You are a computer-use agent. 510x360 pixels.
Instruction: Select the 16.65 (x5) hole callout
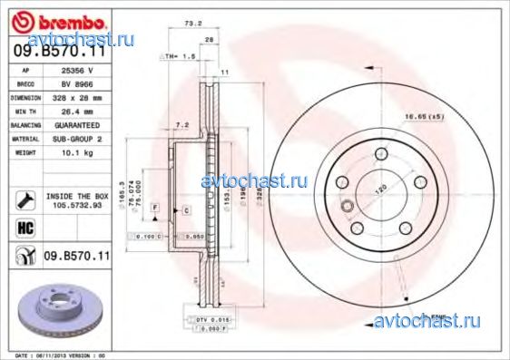447,115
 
